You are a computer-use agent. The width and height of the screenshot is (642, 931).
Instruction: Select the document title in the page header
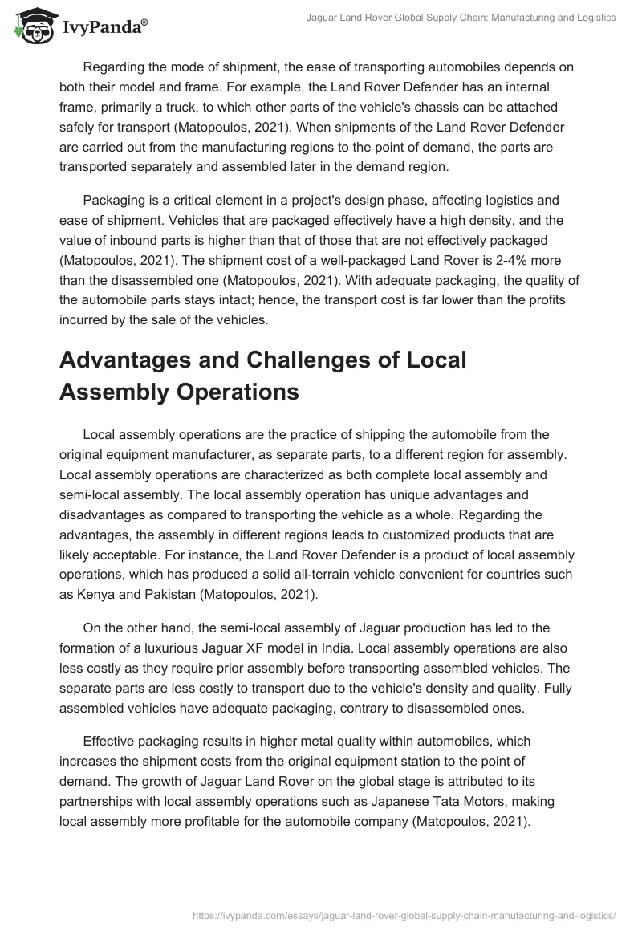[461, 18]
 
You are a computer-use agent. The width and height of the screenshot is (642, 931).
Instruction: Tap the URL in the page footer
[405, 914]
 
